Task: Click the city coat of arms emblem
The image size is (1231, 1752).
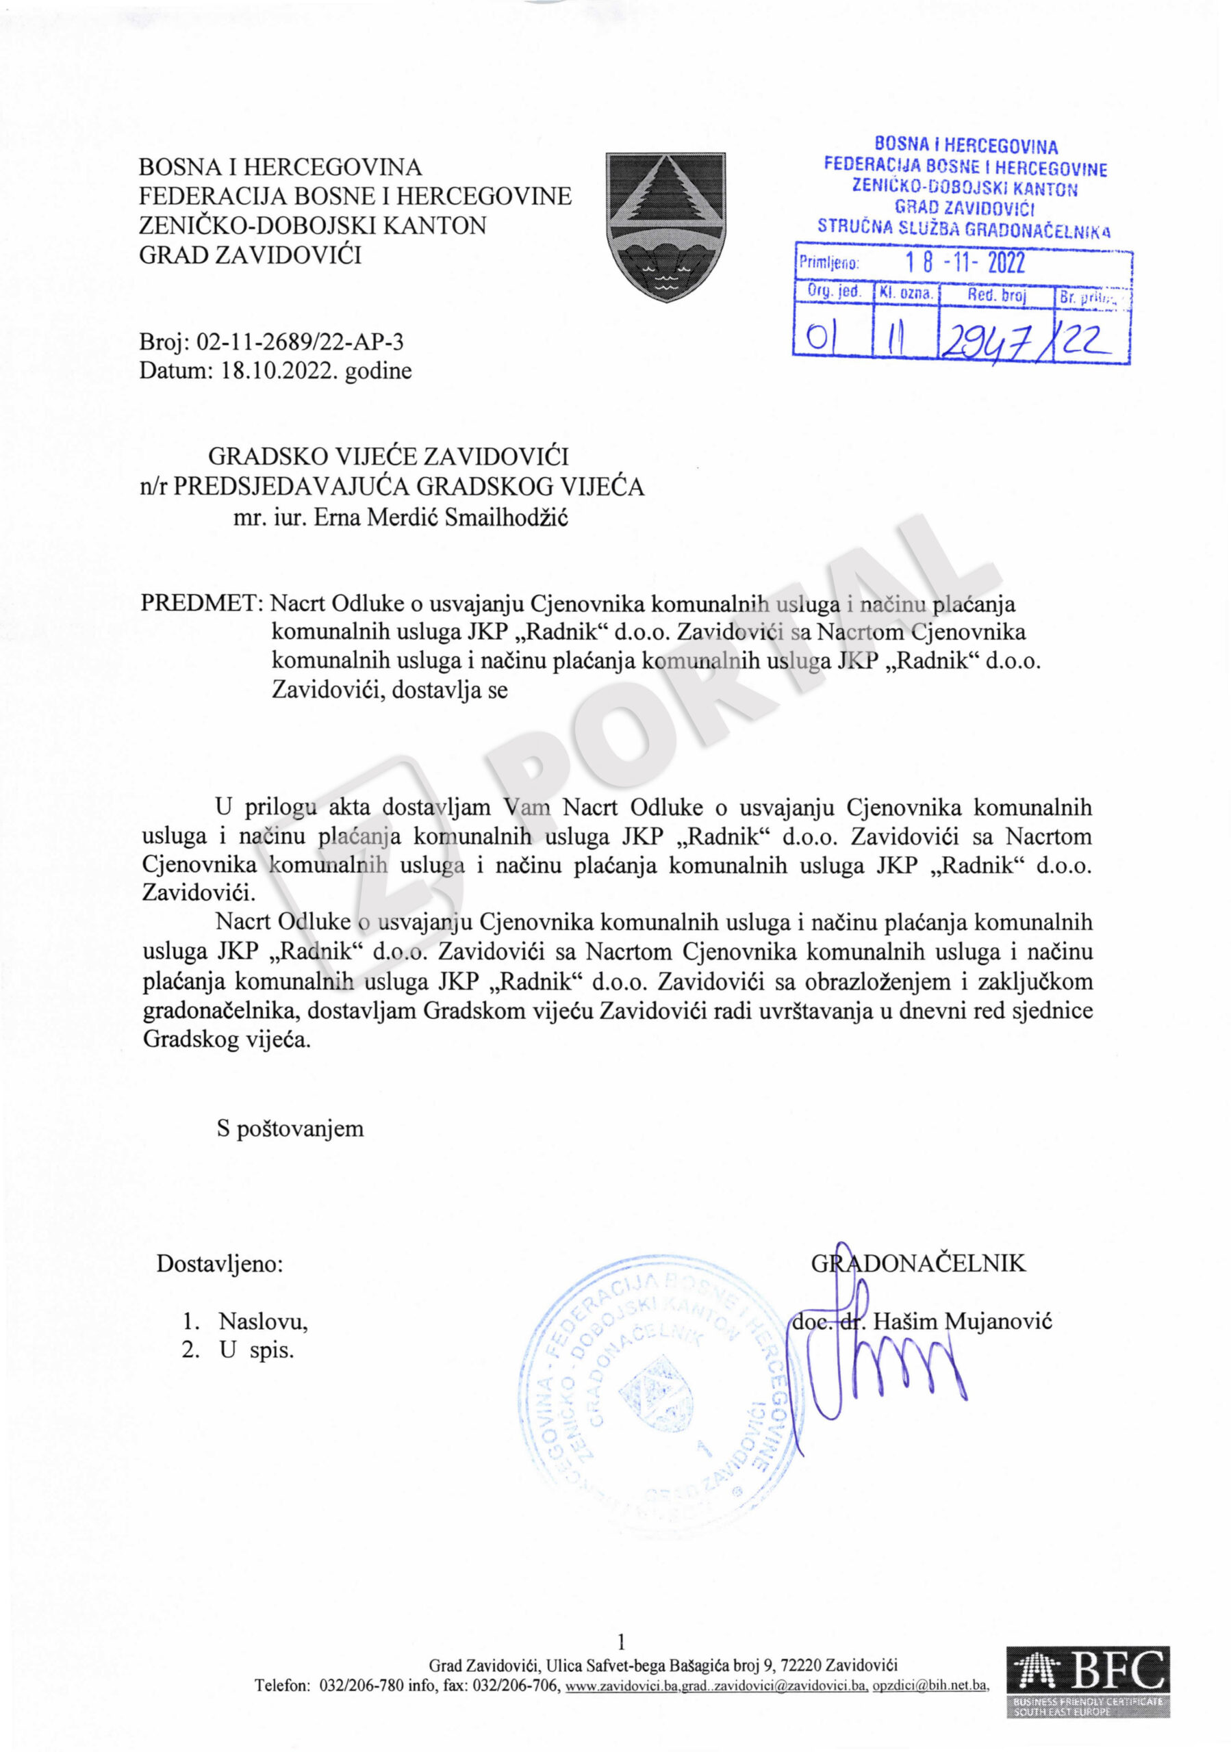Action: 665,226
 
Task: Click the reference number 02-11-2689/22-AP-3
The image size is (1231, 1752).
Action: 300,343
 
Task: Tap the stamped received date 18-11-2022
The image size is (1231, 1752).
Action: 965,263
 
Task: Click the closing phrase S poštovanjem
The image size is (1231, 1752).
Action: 290,1129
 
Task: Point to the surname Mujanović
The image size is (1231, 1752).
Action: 999,1321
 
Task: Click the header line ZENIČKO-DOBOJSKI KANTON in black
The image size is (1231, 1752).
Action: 312,226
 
